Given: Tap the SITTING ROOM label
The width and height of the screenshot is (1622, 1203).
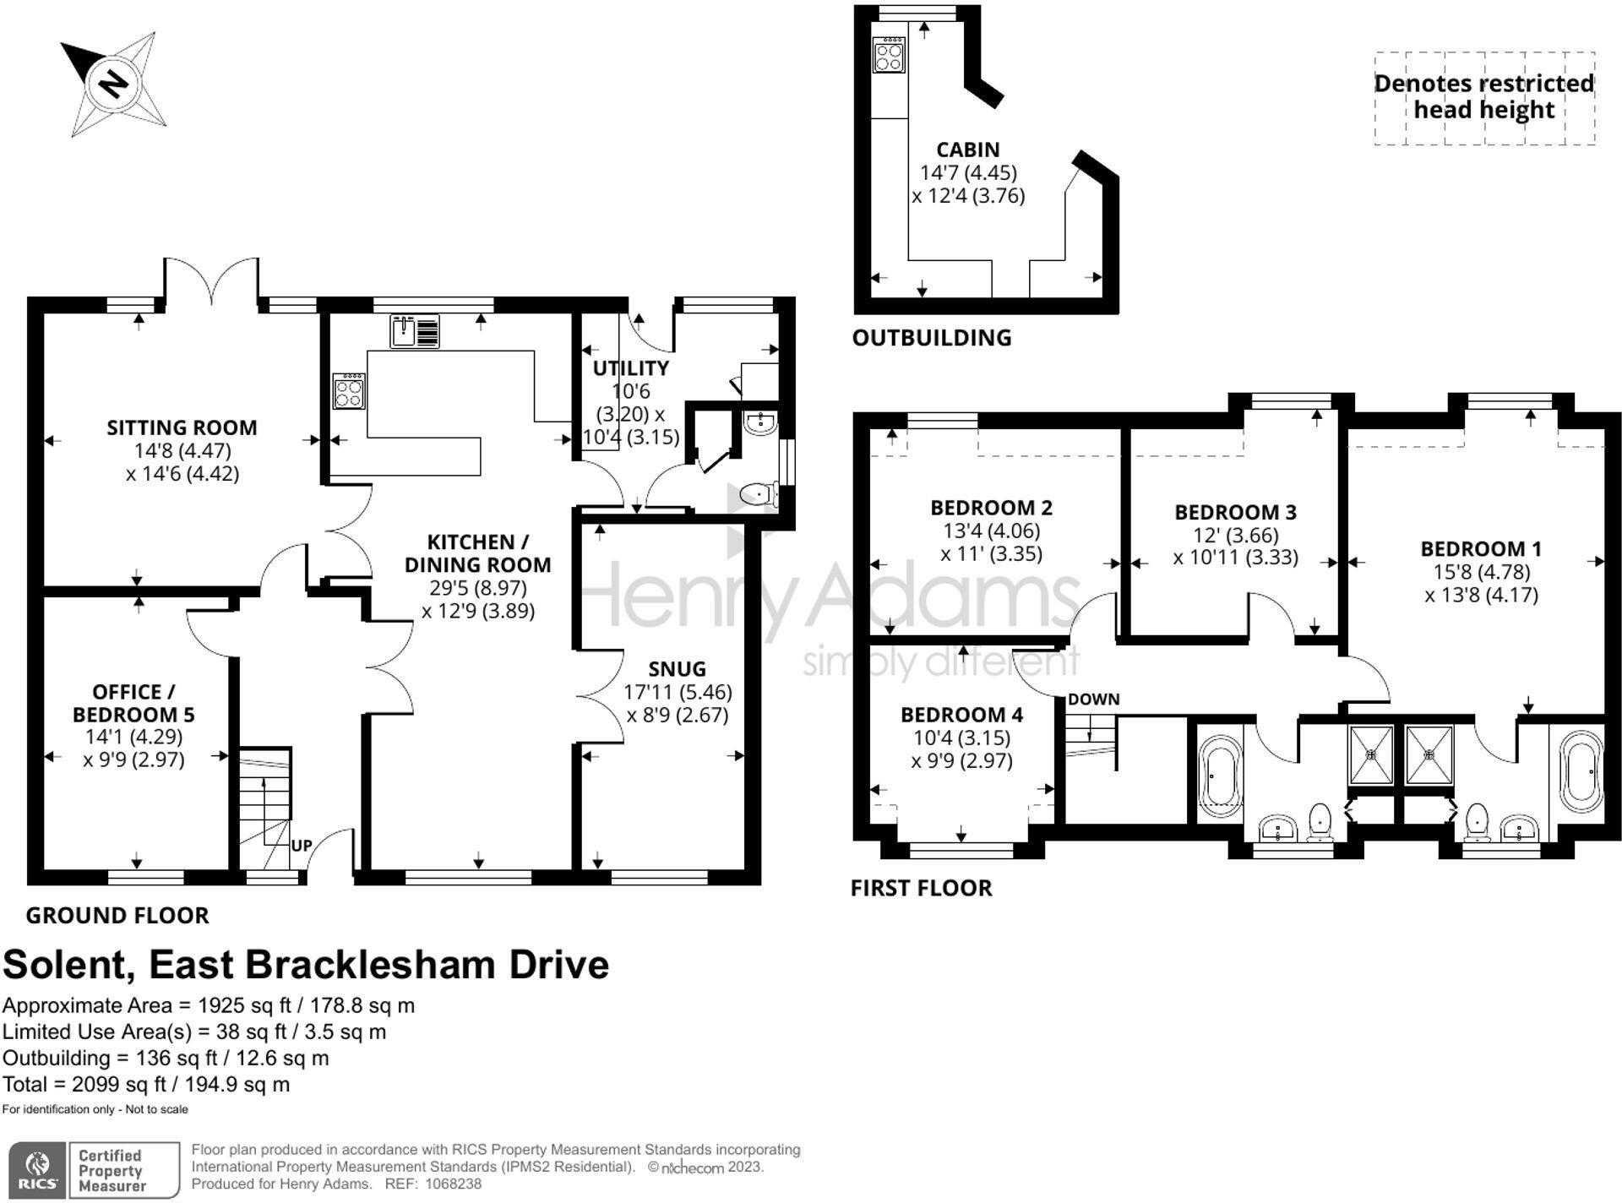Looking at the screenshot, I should [x=182, y=427].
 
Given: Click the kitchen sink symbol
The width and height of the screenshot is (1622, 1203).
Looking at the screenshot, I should [x=414, y=331].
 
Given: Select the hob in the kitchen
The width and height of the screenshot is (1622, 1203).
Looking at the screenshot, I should [x=349, y=391].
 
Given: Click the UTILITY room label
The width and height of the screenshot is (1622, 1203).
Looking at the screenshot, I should [x=630, y=368].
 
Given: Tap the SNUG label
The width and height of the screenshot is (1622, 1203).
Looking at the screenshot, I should [x=677, y=669].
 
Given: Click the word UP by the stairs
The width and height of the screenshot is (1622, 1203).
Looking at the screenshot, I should [x=302, y=845].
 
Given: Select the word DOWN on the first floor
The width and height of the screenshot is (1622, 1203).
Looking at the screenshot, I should [x=1093, y=699].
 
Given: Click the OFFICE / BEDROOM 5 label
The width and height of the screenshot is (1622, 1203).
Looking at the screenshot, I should [x=133, y=703].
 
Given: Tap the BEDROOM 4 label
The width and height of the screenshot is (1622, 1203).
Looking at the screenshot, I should [x=961, y=715].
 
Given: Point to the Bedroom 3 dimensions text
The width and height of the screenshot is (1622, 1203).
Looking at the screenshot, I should [x=1235, y=547].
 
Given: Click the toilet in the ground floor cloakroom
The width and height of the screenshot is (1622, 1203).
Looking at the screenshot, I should [x=758, y=493].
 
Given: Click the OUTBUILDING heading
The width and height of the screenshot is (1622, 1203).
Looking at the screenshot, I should [x=931, y=338].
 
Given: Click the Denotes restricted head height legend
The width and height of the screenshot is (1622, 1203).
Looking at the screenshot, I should [x=1483, y=97].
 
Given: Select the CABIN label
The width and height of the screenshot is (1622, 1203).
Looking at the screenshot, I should [x=967, y=150].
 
